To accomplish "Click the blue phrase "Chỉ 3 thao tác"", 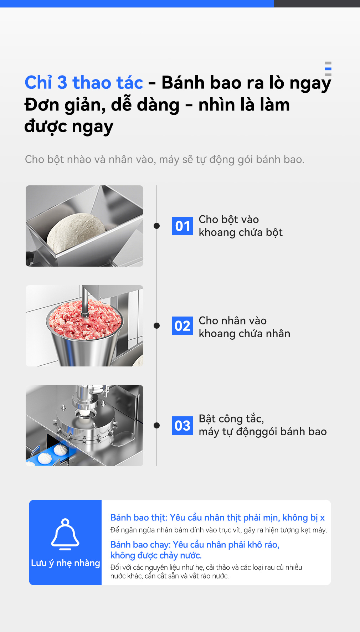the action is [84, 82].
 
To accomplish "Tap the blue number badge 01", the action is [182, 226].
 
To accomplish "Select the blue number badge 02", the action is [182, 326].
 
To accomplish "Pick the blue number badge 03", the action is [182, 426].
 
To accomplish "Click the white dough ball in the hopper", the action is [76, 232].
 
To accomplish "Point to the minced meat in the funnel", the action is [84, 319].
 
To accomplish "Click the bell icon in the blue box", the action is [65, 534].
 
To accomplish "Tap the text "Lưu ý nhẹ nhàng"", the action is [65, 563].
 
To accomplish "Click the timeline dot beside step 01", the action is [156, 226].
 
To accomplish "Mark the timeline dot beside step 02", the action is [156, 325].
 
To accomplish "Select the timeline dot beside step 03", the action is [156, 425].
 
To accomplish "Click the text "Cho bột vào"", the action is [229, 219].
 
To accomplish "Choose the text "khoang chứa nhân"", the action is [245, 334].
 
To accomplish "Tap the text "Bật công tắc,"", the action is [231, 418].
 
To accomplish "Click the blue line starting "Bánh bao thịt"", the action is [217, 518].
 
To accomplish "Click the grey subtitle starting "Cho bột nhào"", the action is [165, 159].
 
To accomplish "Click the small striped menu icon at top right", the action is [328, 69].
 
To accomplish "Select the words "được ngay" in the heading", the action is [69, 127].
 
